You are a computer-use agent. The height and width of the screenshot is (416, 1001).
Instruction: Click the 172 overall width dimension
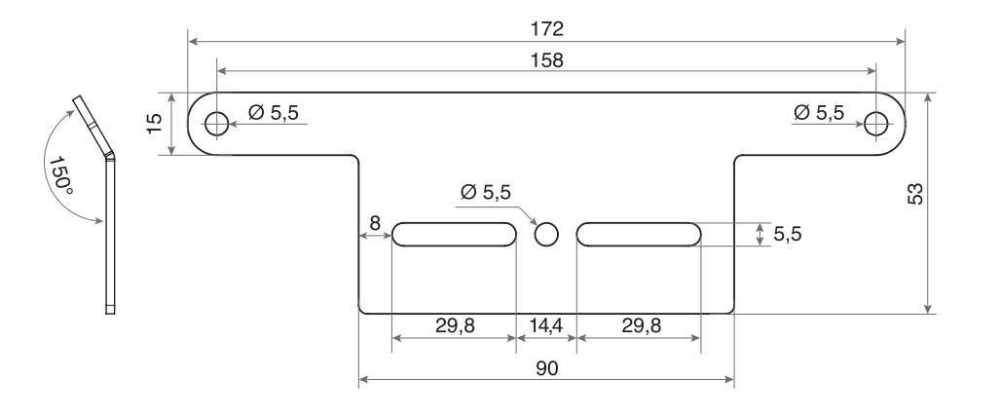tap(547, 28)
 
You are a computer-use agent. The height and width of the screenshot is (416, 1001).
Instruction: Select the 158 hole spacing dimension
tap(547, 60)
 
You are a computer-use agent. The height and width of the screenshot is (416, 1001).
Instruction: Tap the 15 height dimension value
tap(155, 124)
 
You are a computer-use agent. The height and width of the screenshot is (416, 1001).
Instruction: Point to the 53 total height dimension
tap(915, 194)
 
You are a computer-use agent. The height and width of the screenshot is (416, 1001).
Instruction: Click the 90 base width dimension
tap(547, 368)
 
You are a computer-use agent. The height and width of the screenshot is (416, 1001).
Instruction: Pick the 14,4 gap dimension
tap(546, 326)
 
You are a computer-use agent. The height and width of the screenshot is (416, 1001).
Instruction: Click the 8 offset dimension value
tap(375, 223)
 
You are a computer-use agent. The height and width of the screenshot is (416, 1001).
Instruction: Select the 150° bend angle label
tap(61, 171)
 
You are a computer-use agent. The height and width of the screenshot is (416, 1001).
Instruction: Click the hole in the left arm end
tap(217, 124)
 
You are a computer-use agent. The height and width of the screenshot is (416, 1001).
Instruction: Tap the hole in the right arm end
tap(876, 124)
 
